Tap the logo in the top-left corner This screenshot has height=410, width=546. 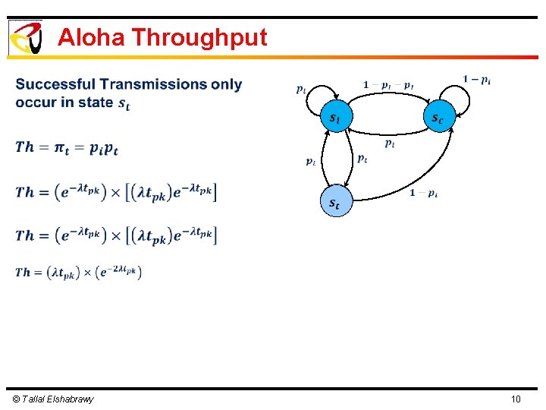point(25,37)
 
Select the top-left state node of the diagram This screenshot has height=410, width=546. point(334,118)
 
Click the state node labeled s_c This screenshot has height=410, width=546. point(438,118)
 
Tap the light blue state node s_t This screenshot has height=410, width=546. point(334,203)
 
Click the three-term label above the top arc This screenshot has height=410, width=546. point(388,85)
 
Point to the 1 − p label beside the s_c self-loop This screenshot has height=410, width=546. point(476,79)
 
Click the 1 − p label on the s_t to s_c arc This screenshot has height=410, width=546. point(423,193)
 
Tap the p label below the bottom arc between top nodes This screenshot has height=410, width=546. point(388,143)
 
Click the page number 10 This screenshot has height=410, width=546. point(516,399)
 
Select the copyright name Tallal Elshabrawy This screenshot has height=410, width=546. point(53,399)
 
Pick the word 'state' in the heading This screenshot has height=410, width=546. point(95,102)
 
